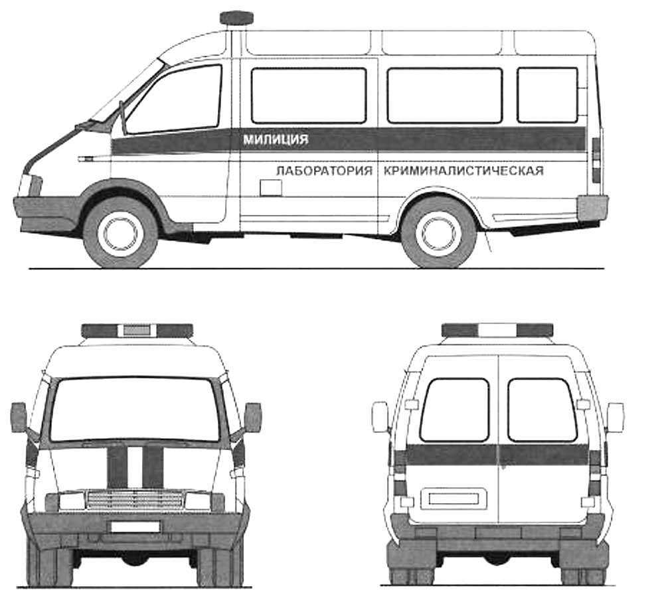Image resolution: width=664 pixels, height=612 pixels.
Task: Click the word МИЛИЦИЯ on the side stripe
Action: point(276,139)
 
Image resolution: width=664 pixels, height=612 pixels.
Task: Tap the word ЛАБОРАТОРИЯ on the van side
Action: point(324,171)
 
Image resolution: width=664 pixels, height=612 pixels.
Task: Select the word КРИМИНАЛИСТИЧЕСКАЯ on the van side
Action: point(463,171)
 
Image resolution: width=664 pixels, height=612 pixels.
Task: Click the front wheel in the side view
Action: point(121,233)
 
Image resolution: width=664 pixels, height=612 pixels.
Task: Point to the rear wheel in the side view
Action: point(439,233)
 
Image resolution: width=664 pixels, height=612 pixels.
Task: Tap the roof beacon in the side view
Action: point(236,18)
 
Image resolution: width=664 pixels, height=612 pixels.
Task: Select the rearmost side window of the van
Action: point(548,95)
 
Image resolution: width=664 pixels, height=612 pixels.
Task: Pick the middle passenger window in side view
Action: point(445,95)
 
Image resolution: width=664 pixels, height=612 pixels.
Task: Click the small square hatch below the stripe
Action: point(271,187)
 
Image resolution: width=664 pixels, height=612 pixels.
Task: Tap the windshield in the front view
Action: point(135,409)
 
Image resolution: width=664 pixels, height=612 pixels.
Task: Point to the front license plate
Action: point(135,526)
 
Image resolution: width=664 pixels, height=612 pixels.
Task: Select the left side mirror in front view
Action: point(19,418)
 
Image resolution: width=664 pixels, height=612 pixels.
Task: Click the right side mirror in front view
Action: point(253,418)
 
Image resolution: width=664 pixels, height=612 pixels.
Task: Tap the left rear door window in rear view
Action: point(455,410)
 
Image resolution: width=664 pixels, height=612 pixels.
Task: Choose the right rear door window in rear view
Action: point(542,410)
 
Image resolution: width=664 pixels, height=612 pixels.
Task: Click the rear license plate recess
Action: point(454,498)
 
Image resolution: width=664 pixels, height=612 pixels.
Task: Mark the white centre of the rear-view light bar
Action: point(497,330)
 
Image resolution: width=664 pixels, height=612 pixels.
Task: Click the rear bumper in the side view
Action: point(592,208)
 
